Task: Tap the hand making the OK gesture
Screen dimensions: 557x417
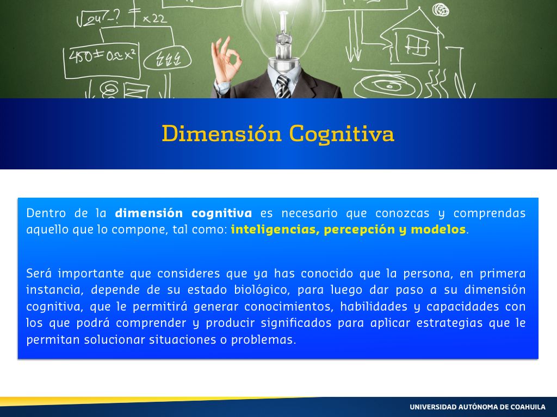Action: (x=225, y=60)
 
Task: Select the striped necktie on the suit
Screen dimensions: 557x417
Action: (x=283, y=87)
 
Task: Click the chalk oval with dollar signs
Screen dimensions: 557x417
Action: (x=168, y=59)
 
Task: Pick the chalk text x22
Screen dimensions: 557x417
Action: (x=154, y=18)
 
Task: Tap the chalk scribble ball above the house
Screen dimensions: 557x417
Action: (x=441, y=10)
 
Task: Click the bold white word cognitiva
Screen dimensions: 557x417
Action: (x=222, y=213)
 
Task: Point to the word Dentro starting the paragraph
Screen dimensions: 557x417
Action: (x=46, y=213)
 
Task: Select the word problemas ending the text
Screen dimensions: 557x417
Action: (x=263, y=340)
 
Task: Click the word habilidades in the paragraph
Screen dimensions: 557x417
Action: (x=374, y=306)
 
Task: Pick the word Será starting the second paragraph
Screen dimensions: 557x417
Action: (x=39, y=274)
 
